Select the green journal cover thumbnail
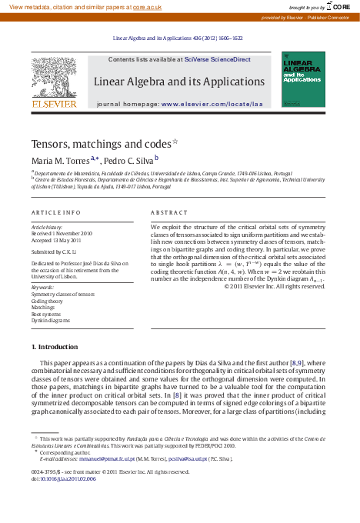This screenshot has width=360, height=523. [x=303, y=79]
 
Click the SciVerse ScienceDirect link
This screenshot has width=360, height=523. [x=218, y=59]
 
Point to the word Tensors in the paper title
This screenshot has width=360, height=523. [x=48, y=144]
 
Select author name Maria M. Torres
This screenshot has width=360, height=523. [x=59, y=161]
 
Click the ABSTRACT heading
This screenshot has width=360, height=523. [x=169, y=212]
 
